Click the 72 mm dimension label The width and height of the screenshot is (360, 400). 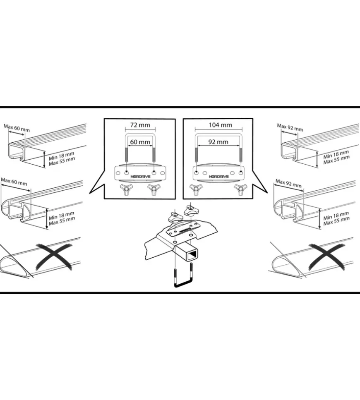click(140, 125)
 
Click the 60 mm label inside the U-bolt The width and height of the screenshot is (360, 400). click(140, 142)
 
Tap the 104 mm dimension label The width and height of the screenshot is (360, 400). click(221, 125)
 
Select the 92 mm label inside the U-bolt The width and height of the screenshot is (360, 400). click(218, 142)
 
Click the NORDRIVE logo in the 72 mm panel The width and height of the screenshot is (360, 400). click(141, 177)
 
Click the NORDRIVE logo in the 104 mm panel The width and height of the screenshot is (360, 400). click(219, 177)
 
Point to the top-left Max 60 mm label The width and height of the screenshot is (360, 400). click(17, 128)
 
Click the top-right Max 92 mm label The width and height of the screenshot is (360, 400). click(290, 127)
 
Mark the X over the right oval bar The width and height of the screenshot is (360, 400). click(326, 256)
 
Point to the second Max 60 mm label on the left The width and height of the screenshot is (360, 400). click(14, 182)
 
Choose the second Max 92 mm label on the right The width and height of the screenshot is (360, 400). click(288, 183)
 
